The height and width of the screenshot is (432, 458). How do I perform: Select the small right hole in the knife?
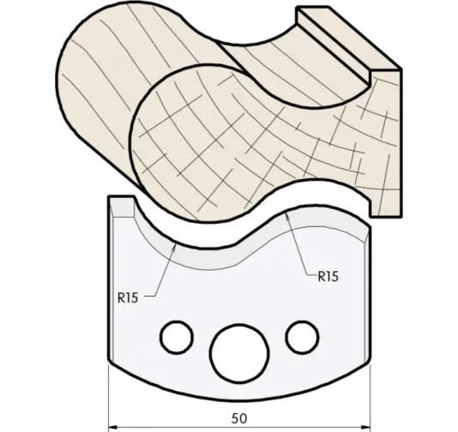(x=302, y=335)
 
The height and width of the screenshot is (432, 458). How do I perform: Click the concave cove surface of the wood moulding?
(x=283, y=69)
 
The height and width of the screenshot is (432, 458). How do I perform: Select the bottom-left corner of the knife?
(x=109, y=361)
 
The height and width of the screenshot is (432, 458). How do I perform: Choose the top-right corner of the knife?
(x=370, y=225)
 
